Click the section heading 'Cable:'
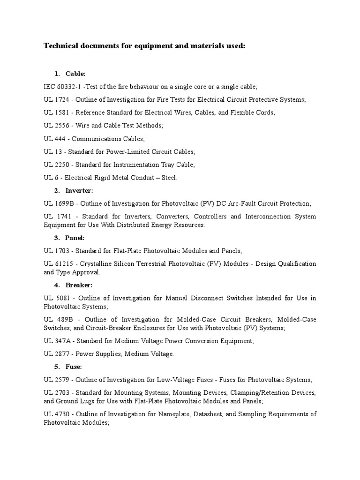click(75, 74)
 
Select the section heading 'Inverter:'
click(79, 190)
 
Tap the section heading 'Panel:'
click(75, 238)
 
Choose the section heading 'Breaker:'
click(79, 285)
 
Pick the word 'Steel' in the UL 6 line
click(169, 178)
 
